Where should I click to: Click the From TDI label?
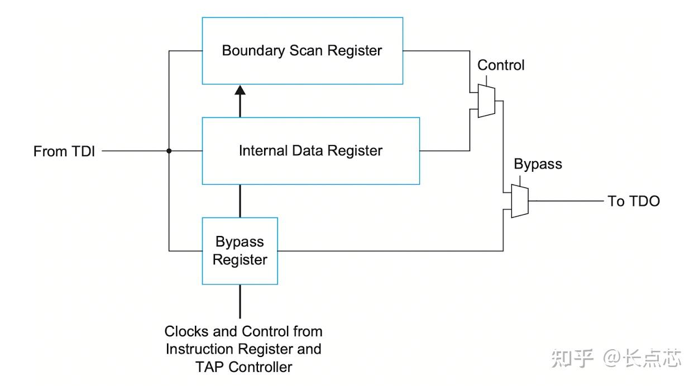click(x=64, y=151)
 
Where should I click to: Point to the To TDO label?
click(x=634, y=201)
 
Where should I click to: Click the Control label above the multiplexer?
click(x=501, y=65)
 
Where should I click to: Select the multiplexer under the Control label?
click(x=486, y=101)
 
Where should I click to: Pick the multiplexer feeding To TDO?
click(x=520, y=201)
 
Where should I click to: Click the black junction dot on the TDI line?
click(x=169, y=151)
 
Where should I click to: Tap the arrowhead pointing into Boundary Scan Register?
click(x=240, y=90)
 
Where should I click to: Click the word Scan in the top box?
click(x=306, y=51)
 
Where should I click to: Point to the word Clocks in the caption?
click(x=186, y=331)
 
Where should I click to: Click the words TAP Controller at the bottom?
click(x=244, y=367)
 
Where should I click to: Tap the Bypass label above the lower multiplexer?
click(x=538, y=165)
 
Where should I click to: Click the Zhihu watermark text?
click(x=616, y=358)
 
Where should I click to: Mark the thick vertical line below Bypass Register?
click(x=240, y=302)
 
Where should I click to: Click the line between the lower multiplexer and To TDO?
click(x=566, y=201)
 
